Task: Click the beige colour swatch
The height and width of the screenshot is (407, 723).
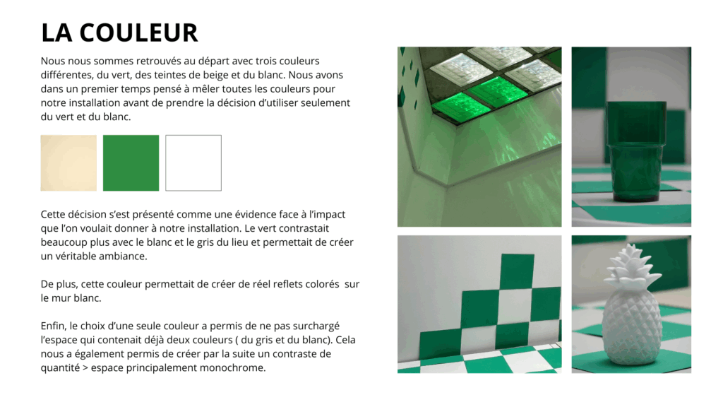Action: pyautogui.click(x=68, y=163)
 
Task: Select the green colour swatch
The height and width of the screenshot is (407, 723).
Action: pyautogui.click(x=131, y=163)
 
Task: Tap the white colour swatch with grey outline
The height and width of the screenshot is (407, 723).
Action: pyautogui.click(x=193, y=163)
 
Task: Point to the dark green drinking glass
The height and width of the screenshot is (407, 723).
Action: pyautogui.click(x=636, y=151)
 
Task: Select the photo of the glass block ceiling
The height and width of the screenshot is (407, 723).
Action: pyautogui.click(x=479, y=136)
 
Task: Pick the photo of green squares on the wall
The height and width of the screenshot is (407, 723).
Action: pyautogui.click(x=479, y=304)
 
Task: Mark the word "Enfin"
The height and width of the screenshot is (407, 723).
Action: pyautogui.click(x=52, y=326)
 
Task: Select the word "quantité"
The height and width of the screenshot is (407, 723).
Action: pyautogui.click(x=60, y=368)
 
